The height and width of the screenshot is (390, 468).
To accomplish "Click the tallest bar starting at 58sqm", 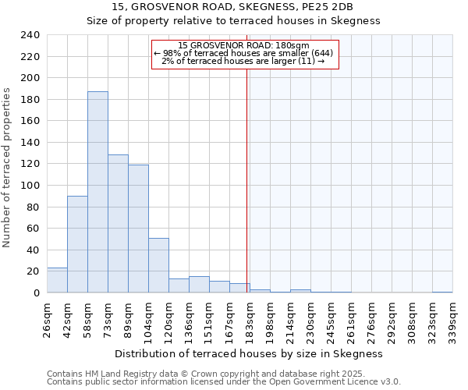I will coord(97,192).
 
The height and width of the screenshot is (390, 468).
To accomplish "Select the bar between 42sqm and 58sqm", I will coord(77,244).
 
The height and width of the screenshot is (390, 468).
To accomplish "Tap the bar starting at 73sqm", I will coord(118,224).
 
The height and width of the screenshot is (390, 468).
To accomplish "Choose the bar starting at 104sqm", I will coord(158,265).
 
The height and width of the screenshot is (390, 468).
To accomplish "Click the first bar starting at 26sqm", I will coord(57,280).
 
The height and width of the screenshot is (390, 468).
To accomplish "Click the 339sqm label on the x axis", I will coord(453,318).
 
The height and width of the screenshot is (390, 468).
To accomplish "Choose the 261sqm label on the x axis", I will coord(351,318).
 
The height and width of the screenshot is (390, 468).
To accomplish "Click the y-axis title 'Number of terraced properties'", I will coord(8,167).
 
